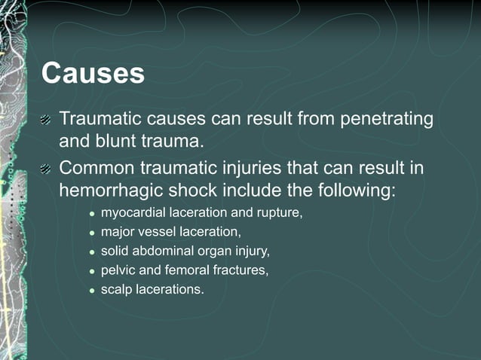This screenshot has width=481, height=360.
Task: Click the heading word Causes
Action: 93,74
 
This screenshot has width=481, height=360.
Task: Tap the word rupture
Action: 280,213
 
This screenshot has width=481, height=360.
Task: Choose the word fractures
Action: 240,270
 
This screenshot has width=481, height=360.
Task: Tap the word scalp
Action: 116,288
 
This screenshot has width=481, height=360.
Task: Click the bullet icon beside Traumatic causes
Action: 47,120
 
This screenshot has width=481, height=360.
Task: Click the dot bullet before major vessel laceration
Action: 91,233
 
